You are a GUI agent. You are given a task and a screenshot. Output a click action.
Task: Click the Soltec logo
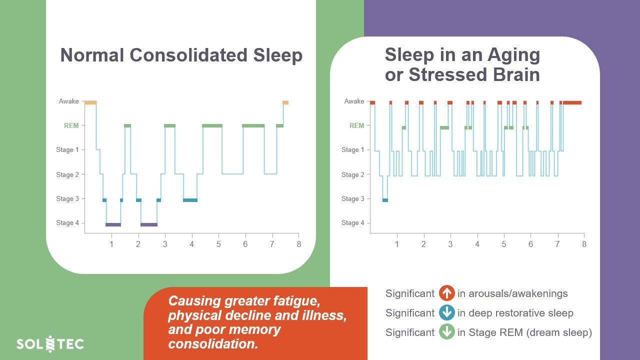[50, 344]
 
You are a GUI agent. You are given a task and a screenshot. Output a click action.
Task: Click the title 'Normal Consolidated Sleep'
[181, 55]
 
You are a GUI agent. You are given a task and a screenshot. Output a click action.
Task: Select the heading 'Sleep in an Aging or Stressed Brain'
[462, 64]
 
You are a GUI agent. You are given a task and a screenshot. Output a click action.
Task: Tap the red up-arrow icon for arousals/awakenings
[446, 293]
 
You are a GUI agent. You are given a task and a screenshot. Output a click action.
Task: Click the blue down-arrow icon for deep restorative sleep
[446, 313]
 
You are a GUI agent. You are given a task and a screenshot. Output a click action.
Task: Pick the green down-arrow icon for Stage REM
[446, 332]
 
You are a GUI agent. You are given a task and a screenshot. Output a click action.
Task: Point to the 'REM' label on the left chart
[71, 125]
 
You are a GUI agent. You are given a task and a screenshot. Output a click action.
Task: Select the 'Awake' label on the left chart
[69, 101]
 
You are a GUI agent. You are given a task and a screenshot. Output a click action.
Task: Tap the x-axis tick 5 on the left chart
[218, 244]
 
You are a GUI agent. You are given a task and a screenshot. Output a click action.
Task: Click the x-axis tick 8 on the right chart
[584, 244]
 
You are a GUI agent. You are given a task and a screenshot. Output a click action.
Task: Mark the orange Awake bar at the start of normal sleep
[90, 102]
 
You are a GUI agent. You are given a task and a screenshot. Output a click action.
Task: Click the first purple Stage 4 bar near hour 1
[113, 224]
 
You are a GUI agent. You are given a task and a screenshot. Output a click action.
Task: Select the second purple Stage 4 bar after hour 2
[149, 224]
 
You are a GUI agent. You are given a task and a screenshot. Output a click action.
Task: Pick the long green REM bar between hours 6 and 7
[253, 125]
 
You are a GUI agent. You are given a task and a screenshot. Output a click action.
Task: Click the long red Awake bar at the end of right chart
[572, 102]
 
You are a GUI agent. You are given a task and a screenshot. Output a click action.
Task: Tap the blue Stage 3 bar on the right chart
[385, 200]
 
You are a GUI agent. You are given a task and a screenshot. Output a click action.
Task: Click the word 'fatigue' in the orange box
[293, 301]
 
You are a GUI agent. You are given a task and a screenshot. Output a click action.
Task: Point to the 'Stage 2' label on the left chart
[67, 174]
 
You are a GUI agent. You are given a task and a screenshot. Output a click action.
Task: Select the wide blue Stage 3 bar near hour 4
[190, 200]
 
